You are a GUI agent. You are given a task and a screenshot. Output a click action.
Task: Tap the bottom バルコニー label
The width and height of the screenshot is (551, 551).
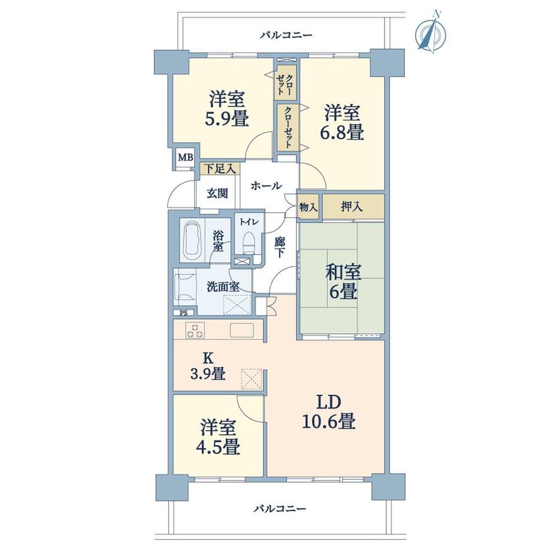[279, 508]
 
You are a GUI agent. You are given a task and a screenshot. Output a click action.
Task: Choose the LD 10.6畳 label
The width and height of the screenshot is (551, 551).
[328, 411]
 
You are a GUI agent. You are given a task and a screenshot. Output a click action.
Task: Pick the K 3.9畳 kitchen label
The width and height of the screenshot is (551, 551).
[208, 367]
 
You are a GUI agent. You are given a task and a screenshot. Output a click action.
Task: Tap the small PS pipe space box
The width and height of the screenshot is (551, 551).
[183, 312]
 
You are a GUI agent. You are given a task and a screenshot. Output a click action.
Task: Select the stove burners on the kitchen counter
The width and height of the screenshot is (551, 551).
[195, 329]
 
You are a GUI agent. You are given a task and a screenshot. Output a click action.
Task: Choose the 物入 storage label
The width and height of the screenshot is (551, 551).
[308, 207]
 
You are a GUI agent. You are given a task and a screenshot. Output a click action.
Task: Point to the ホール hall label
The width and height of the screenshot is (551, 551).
[266, 186]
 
